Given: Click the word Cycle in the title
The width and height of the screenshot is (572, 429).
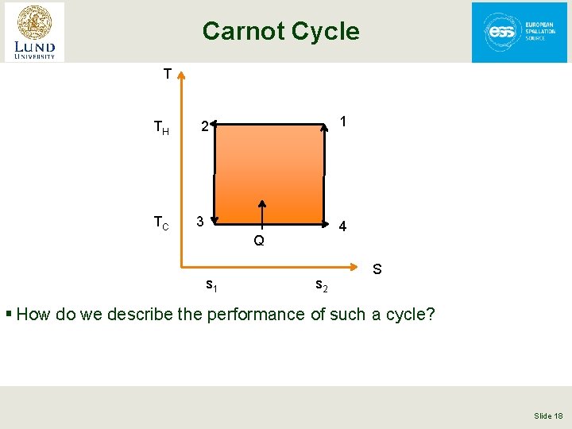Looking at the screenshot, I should pos(325,32).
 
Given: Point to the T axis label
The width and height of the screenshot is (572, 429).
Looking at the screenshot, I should pos(167,75).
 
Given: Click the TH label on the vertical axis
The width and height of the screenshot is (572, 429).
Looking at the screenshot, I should pos(161,127).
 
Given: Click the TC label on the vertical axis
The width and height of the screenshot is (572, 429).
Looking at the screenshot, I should pos(161,223).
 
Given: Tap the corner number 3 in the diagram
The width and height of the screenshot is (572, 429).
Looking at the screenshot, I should pos(202,220).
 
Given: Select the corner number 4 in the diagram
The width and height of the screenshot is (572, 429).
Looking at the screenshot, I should pos(342,226).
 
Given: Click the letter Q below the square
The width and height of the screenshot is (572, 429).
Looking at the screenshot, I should pos(259,241).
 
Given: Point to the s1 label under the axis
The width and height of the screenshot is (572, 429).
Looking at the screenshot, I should pos(211,284).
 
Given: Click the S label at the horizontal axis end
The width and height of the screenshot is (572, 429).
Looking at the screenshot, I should pos(377,269).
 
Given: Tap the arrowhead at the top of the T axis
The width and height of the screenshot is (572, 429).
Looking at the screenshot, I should pos(182,75).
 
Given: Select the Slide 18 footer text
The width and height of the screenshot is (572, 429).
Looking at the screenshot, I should pos(547,416).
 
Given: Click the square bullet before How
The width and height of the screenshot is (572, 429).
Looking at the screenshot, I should pos(9,315).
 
